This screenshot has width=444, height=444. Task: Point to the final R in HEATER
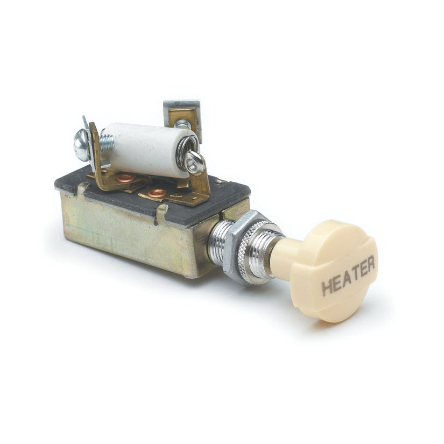370,263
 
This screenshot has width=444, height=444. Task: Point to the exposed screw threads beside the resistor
107,143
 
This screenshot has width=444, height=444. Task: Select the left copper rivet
125,178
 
